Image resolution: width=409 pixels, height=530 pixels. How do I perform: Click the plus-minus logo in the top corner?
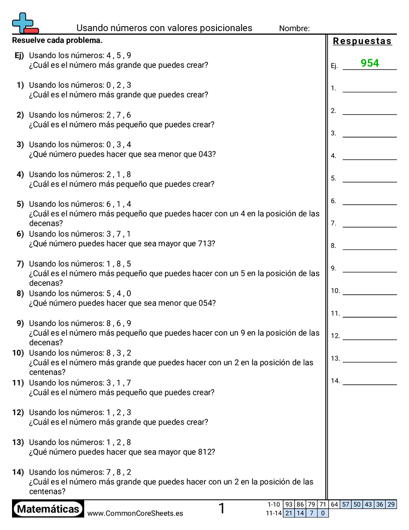click(x=25, y=23)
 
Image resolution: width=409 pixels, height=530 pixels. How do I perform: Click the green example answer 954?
click(x=369, y=63)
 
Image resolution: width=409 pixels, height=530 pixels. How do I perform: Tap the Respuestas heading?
click(x=362, y=41)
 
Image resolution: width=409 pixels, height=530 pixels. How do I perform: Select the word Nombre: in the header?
click(x=294, y=29)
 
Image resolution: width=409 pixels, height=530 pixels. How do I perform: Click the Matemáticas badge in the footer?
click(x=48, y=509)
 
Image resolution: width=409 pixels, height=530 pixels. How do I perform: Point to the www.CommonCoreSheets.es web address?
click(x=135, y=513)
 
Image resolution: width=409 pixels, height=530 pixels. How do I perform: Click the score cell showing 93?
click(x=288, y=504)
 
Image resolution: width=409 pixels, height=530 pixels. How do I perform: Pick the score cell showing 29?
click(x=391, y=504)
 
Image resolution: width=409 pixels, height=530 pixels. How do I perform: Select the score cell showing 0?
click(x=323, y=513)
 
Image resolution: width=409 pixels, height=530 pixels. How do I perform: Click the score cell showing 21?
click(x=288, y=513)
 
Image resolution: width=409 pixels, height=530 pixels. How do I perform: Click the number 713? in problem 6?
click(x=207, y=243)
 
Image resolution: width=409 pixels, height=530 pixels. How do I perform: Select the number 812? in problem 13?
click(x=207, y=452)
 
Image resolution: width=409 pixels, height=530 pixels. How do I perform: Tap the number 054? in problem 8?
click(x=207, y=303)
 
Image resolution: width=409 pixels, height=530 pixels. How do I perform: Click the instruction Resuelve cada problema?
click(x=57, y=40)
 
